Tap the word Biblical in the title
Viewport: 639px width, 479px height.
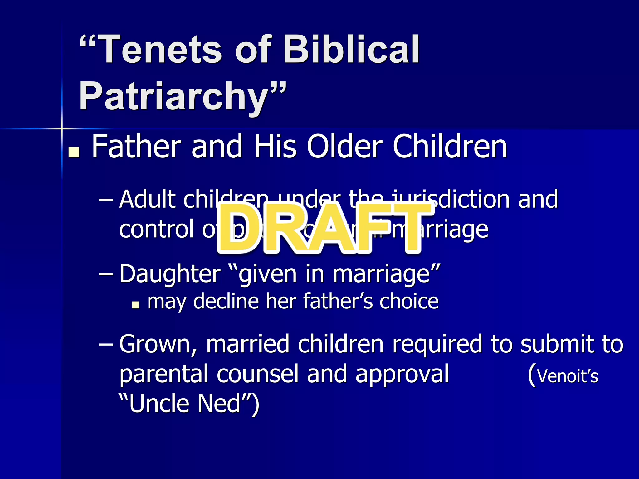click(351, 50)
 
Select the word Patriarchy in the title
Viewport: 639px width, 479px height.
click(173, 97)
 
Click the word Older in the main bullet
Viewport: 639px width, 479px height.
click(345, 147)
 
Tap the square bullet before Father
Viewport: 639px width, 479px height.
click(74, 152)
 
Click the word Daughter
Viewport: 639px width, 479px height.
click(170, 274)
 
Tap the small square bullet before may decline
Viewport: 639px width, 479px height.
click(135, 304)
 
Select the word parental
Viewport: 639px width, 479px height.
click(163, 374)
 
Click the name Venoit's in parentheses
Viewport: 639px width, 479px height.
click(567, 376)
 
